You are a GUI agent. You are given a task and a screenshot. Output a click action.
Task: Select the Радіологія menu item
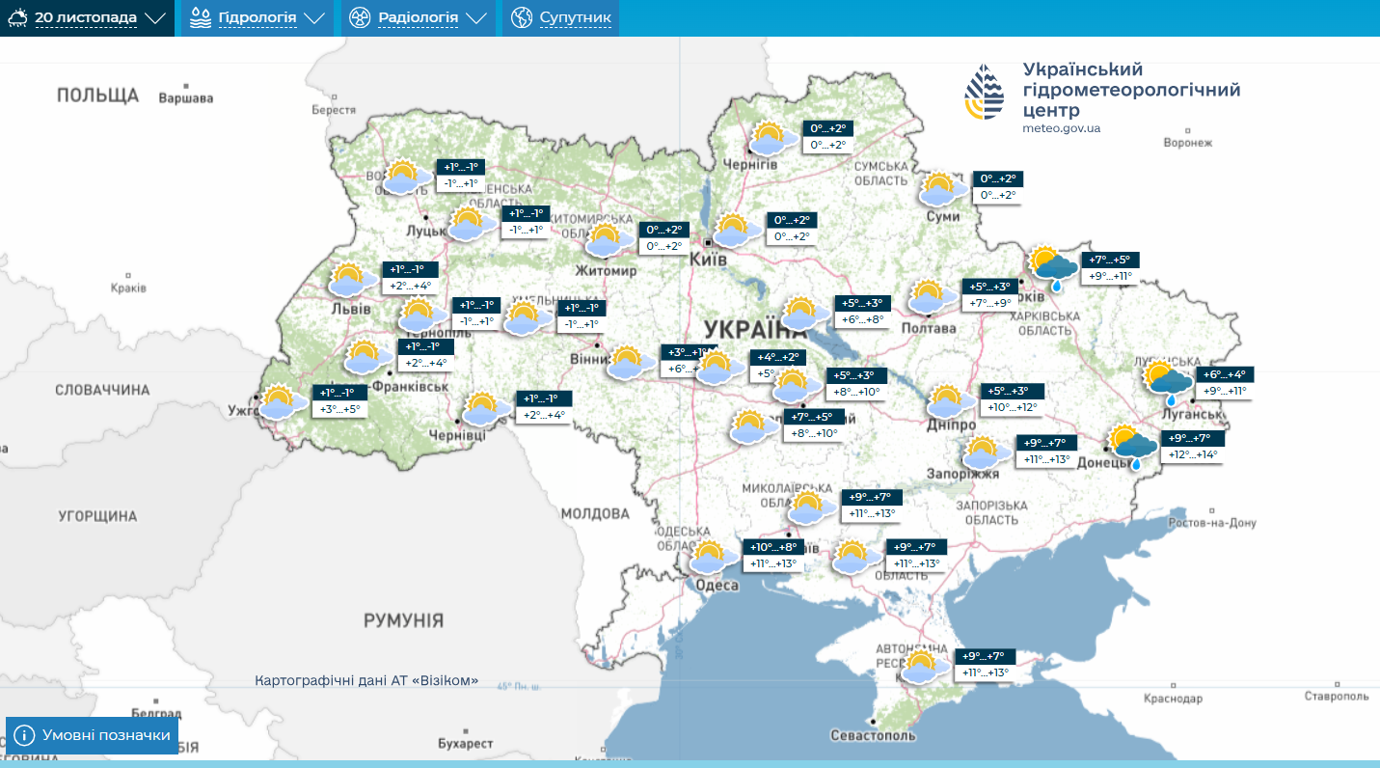[418, 18]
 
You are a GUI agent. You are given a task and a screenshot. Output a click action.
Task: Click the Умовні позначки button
[93, 735]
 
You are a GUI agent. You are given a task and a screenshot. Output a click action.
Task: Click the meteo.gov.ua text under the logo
[1062, 128]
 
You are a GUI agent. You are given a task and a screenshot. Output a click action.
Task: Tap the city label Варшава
[185, 97]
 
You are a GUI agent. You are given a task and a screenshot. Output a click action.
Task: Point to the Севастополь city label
[873, 735]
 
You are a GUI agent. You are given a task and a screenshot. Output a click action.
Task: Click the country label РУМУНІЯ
[403, 620]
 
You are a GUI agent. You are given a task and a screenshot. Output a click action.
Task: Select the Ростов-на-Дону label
[1212, 523]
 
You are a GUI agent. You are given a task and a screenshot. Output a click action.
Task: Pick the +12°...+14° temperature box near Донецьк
[1192, 454]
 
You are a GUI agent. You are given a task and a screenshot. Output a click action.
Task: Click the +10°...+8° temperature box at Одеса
[773, 547]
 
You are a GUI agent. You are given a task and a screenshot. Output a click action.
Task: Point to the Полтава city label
[929, 328]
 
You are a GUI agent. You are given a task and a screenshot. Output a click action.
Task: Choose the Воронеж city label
[1187, 143]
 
